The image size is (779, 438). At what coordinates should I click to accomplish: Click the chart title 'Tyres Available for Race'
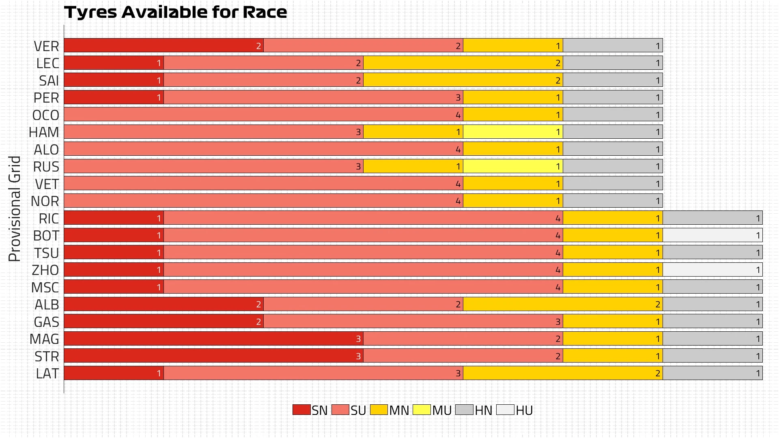pyautogui.click(x=175, y=12)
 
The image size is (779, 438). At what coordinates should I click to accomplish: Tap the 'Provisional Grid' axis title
pyautogui.click(x=15, y=208)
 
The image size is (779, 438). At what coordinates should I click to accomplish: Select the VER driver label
pyautogui.click(x=46, y=46)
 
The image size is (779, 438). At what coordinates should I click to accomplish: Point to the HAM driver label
pyautogui.click(x=44, y=132)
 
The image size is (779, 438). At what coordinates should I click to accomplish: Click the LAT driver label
pyautogui.click(x=47, y=374)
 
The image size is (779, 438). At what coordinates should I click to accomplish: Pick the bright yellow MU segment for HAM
pyautogui.click(x=513, y=132)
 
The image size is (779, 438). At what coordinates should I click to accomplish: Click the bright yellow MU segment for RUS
pyautogui.click(x=513, y=166)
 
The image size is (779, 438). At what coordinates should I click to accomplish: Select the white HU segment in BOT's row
pyautogui.click(x=712, y=235)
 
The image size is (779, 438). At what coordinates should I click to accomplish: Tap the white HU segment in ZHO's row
pyautogui.click(x=712, y=270)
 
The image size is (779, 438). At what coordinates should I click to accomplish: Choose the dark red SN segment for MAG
pyautogui.click(x=213, y=339)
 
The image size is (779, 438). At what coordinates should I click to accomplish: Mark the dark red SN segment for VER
pyautogui.click(x=164, y=45)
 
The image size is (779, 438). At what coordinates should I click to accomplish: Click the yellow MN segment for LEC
pyautogui.click(x=463, y=63)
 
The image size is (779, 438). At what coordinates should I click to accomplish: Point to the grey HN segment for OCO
pyautogui.click(x=613, y=114)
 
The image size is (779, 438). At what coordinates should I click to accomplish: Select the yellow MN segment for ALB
pyautogui.click(x=563, y=304)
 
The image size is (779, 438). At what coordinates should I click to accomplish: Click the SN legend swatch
pyautogui.click(x=301, y=410)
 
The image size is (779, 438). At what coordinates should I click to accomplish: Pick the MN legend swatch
pyautogui.click(x=379, y=410)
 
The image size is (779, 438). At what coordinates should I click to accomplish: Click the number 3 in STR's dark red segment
pyautogui.click(x=358, y=356)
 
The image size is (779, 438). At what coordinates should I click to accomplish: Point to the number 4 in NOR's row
pyautogui.click(x=458, y=201)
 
